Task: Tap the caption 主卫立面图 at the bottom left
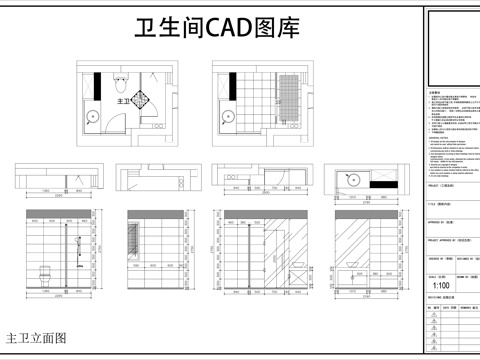click(x=37, y=338)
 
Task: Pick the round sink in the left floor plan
click(x=93, y=114)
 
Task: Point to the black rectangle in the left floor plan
click(x=97, y=83)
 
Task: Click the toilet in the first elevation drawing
click(x=43, y=272)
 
